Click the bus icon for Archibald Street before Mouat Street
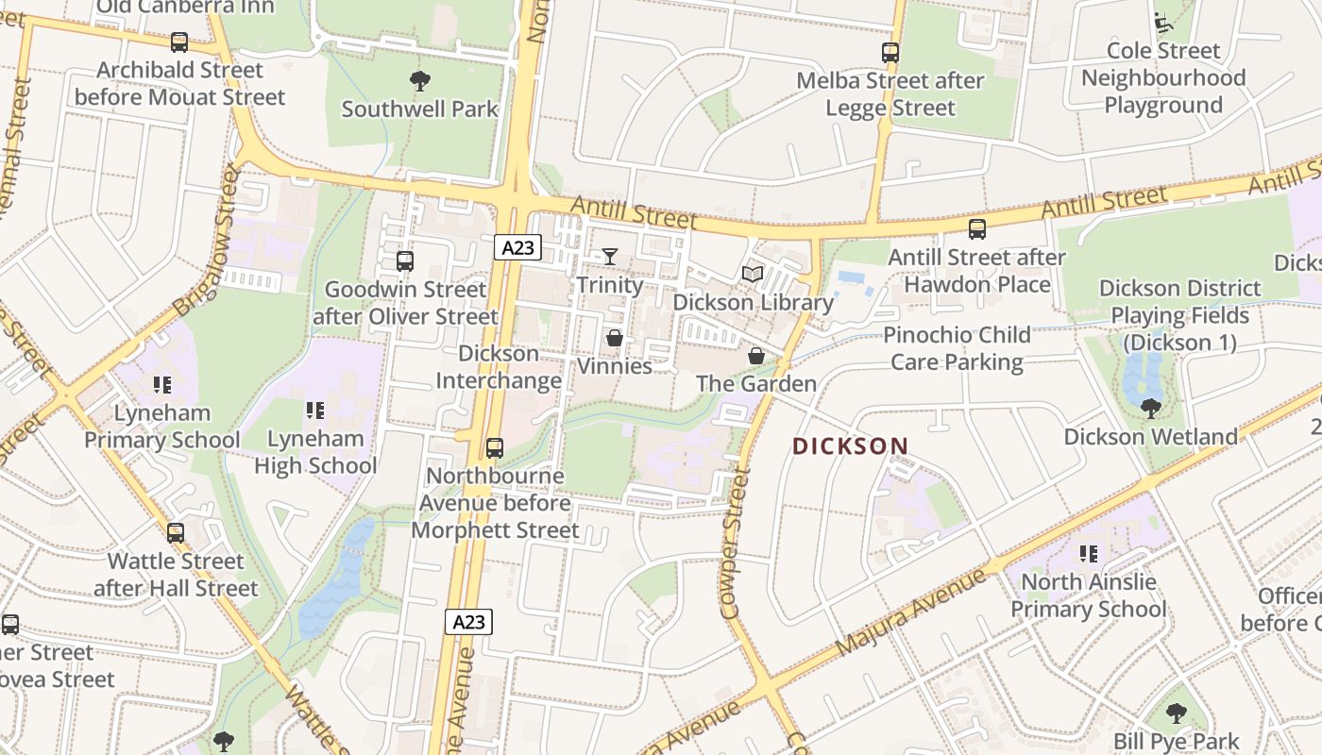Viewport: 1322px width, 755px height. pyautogui.click(x=178, y=42)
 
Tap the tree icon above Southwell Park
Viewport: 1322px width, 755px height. pyautogui.click(x=419, y=81)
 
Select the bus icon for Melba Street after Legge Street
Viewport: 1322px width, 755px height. pyautogui.click(x=890, y=53)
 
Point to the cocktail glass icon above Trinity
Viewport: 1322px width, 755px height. pyautogui.click(x=610, y=257)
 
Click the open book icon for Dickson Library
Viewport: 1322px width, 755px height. pyautogui.click(x=753, y=275)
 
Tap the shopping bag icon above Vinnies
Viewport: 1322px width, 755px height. pyautogui.click(x=615, y=338)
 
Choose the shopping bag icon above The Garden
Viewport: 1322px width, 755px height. pyautogui.click(x=755, y=356)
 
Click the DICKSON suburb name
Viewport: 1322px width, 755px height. pyautogui.click(x=850, y=446)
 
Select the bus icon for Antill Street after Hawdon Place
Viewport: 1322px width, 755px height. pyautogui.click(x=977, y=229)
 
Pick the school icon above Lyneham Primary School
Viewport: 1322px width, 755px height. pyautogui.click(x=162, y=385)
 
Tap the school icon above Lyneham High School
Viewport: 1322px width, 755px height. pyautogui.click(x=315, y=411)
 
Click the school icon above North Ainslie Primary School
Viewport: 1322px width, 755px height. pyautogui.click(x=1089, y=554)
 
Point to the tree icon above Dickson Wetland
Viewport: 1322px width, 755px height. pyautogui.click(x=1150, y=409)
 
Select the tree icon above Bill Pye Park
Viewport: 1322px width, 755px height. pyautogui.click(x=1176, y=713)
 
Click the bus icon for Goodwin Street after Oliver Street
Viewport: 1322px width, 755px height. pyautogui.click(x=405, y=261)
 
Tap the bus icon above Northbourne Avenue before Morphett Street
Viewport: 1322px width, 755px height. pyautogui.click(x=494, y=448)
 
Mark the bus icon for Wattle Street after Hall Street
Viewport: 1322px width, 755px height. pyautogui.click(x=176, y=533)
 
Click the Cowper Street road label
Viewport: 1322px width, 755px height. pyautogui.click(x=736, y=545)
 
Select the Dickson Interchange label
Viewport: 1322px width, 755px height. pyautogui.click(x=500, y=367)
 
